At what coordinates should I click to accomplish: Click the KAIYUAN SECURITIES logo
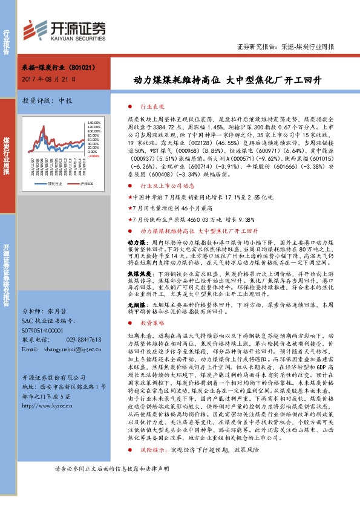point(65,28)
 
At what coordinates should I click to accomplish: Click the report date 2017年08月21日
point(48,79)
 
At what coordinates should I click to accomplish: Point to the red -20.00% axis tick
point(93,156)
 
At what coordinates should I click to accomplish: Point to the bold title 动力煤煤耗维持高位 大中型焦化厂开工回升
point(227,80)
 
